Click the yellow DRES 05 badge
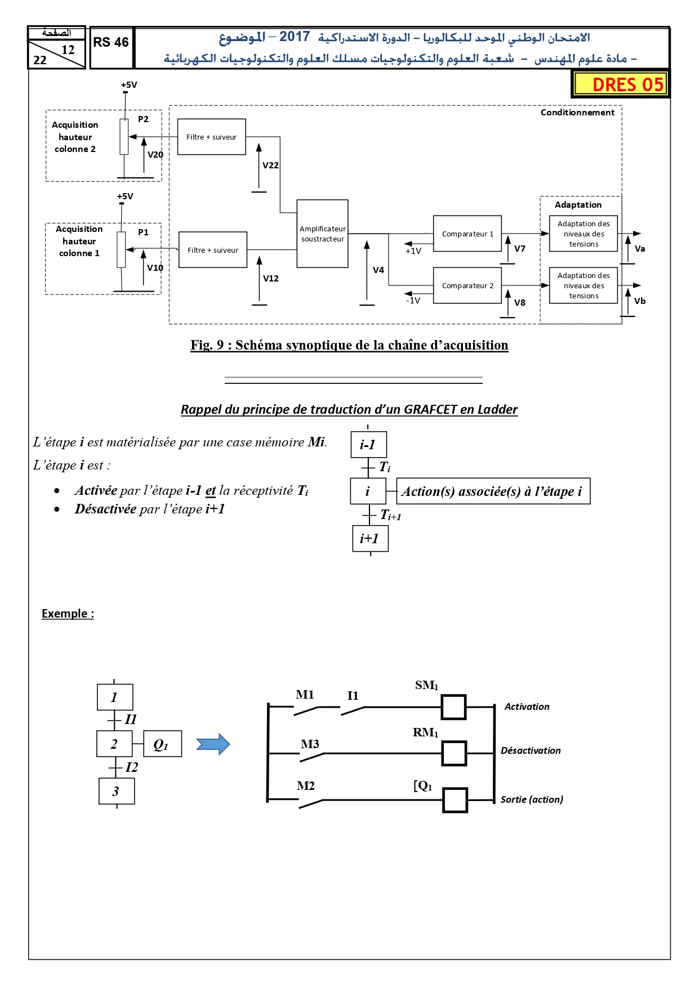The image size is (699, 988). click(620, 84)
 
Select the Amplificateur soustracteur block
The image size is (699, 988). click(322, 234)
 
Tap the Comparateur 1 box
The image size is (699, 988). click(468, 234)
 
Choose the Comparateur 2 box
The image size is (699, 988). click(468, 285)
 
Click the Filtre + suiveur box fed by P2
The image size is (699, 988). click(212, 137)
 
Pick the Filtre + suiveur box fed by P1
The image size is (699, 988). click(213, 250)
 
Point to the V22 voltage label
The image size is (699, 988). click(270, 165)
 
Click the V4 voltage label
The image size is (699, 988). click(379, 270)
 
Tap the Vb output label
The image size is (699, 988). click(640, 301)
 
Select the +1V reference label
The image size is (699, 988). click(413, 251)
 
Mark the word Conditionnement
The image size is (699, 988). click(577, 113)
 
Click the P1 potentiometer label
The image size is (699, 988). click(144, 232)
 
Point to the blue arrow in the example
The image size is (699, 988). click(213, 744)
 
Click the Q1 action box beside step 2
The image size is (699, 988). click(163, 744)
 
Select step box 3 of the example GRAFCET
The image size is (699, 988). click(117, 791)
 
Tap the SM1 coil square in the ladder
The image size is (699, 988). click(453, 707)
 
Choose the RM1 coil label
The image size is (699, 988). click(425, 732)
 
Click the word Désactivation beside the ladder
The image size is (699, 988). click(531, 750)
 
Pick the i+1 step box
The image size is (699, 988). click(370, 539)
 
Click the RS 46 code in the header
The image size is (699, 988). click(111, 42)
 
